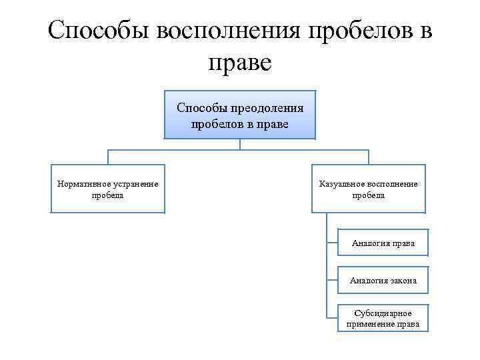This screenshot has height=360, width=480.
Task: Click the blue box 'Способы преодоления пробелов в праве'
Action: click(240, 115)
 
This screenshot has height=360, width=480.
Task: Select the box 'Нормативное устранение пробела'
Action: click(107, 189)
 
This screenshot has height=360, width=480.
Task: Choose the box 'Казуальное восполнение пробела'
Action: click(369, 189)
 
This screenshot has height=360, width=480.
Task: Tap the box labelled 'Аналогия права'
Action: click(383, 243)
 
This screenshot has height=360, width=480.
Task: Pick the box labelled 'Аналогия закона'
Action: click(383, 281)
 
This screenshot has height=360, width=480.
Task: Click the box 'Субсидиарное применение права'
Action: click(383, 318)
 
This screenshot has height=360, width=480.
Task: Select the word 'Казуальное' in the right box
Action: click(341, 184)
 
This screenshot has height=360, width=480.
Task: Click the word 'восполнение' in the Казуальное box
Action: click(392, 184)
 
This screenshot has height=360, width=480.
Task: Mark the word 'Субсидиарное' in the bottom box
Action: click(383, 313)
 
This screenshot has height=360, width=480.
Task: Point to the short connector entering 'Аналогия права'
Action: click(333, 243)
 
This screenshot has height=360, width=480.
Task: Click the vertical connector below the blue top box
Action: click(240, 144)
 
